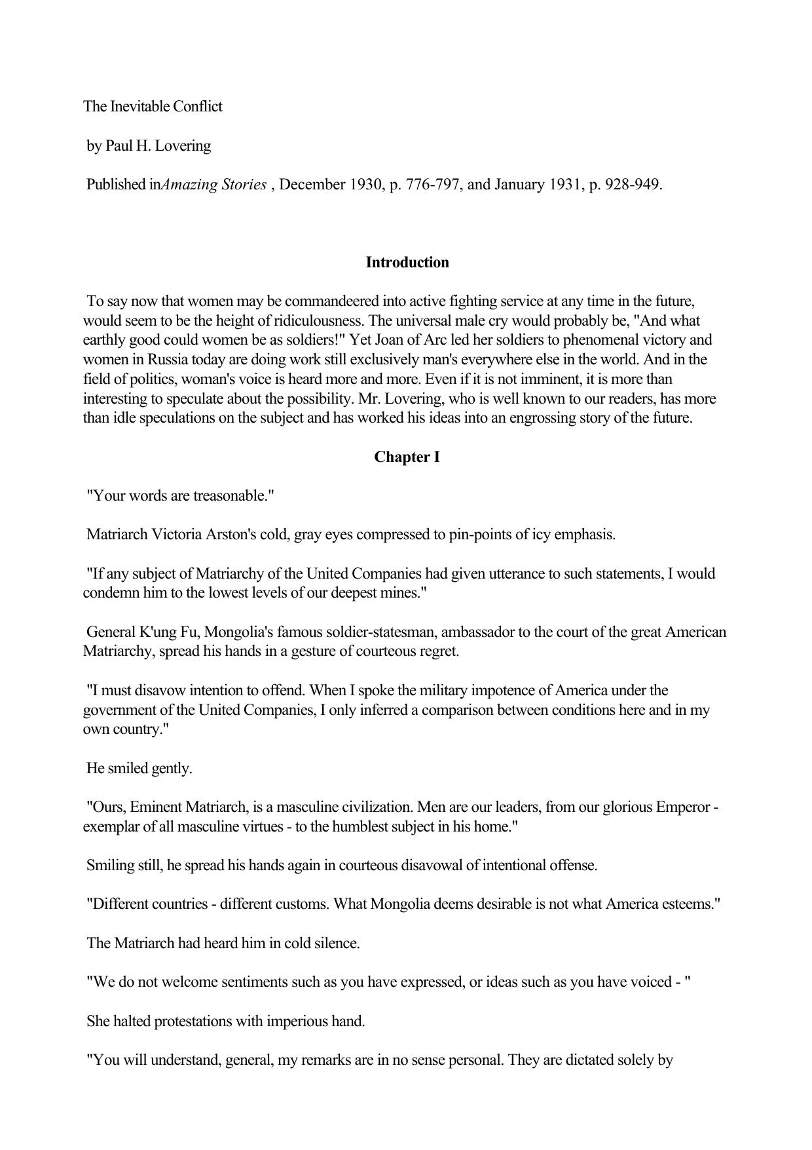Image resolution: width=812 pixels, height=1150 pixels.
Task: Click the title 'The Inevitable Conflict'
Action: click(153, 107)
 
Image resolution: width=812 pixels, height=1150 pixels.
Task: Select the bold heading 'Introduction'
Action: click(407, 263)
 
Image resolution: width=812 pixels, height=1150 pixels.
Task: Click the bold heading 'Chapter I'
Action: click(407, 457)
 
